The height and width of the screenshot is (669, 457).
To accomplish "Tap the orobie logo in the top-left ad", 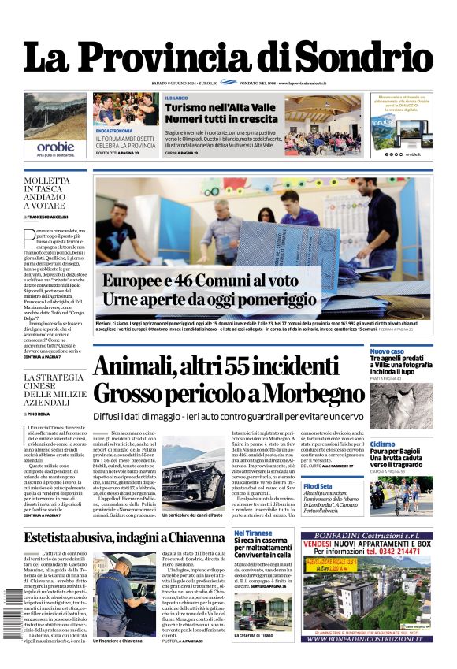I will tap(54, 146).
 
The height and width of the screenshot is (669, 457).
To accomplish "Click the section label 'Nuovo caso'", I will tap(387, 351).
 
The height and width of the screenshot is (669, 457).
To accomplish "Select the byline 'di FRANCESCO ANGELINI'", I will tap(46, 217).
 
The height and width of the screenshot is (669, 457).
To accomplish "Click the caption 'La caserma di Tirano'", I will tap(254, 635).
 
